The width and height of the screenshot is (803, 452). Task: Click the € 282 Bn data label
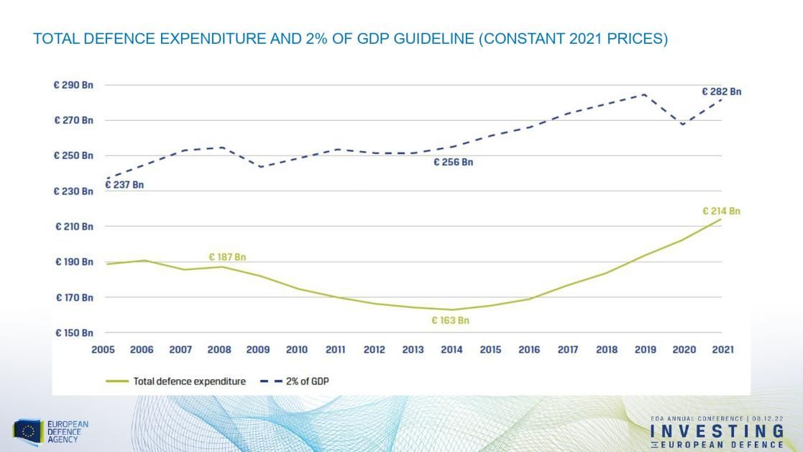[x=721, y=91]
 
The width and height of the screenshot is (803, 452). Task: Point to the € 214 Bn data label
[x=721, y=212]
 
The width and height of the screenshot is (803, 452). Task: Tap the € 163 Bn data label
[x=450, y=321]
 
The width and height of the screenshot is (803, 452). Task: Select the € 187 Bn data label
[x=228, y=257]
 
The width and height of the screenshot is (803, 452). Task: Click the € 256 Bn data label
[x=453, y=163]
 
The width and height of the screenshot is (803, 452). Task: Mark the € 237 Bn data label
[x=124, y=185]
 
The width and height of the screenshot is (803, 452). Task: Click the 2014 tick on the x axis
[x=451, y=350]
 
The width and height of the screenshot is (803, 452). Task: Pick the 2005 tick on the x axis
[x=103, y=350]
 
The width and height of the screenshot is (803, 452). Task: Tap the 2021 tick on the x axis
[x=722, y=350]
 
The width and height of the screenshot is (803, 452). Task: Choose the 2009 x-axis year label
[x=258, y=350]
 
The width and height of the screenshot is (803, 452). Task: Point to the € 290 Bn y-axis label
[x=73, y=85]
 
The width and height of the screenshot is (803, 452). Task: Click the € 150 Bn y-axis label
[x=73, y=333]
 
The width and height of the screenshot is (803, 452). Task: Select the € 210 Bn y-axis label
[x=73, y=227]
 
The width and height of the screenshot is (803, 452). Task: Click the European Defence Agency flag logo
[x=28, y=432]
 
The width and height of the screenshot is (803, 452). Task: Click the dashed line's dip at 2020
[x=684, y=125]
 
